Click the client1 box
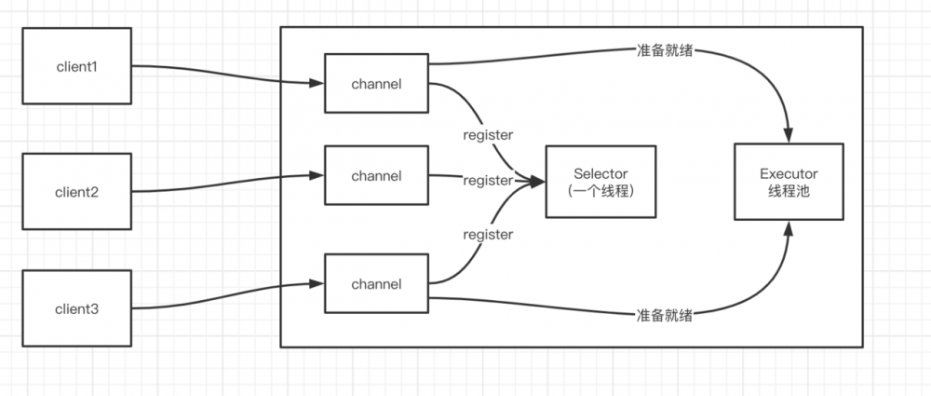coord(75,66)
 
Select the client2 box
coord(75,192)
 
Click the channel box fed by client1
coord(376,84)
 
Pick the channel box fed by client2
coord(376,175)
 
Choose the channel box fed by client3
coord(376,282)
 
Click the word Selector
coord(600,173)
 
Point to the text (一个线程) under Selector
coord(600,191)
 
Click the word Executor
coord(789,172)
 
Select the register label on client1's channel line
coord(488,134)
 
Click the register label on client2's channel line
coord(488,180)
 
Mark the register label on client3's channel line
coord(488,234)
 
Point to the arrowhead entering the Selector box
coord(538,183)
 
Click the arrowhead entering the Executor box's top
coord(789,135)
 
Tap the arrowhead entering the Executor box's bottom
coord(789,228)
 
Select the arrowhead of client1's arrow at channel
coord(317,84)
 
